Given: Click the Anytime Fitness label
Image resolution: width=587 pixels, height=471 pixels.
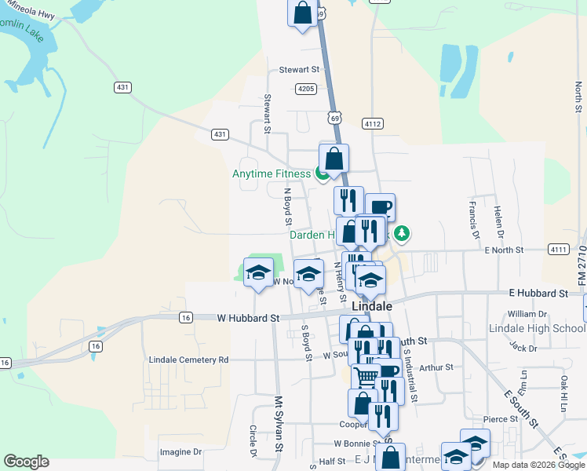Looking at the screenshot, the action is coord(272,173).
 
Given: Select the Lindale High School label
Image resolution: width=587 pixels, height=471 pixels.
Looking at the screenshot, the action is coord(537,328).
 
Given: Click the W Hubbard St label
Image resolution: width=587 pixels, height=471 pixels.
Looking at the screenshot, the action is coord(248,318).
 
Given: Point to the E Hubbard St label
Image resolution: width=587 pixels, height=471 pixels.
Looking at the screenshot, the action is coord(538,293).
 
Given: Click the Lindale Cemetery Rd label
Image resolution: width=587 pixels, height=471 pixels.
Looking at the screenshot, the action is coord(188,360).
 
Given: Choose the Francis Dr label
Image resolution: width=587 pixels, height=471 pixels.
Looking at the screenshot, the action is coord(474,219).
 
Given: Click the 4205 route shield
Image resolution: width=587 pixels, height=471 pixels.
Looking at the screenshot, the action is coord(306,89).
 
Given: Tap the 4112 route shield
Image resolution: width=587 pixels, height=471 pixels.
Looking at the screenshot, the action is coord(372,123).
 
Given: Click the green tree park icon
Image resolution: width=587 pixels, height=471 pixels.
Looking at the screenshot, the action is coord(402,233).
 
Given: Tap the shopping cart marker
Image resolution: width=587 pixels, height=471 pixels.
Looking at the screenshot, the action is coord(364,378).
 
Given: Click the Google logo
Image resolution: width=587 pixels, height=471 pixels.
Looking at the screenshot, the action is coord(26,462).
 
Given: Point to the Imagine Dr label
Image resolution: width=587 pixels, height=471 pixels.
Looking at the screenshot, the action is coord(180,452).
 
